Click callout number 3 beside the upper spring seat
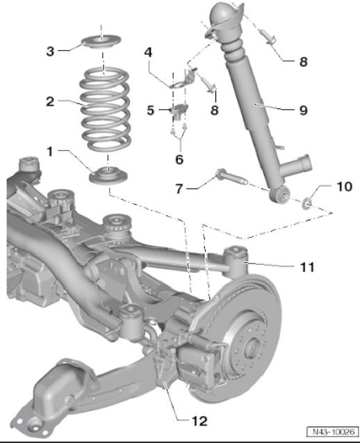click(50, 51)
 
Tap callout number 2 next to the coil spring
click(50, 102)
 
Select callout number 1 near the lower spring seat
click(50, 152)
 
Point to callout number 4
click(148, 53)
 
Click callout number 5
click(151, 110)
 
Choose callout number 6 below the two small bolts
click(179, 160)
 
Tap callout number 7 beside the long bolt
click(179, 188)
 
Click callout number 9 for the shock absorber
click(303, 110)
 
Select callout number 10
click(345, 186)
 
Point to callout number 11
click(307, 267)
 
